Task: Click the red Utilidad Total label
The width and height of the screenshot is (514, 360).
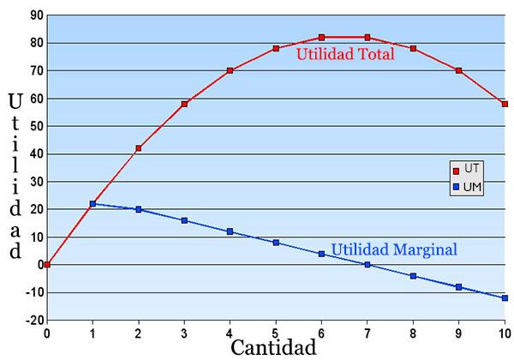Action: tap(345, 55)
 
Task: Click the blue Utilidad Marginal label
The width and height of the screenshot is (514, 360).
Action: tap(394, 249)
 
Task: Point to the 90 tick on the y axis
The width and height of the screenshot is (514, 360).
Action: tap(35, 15)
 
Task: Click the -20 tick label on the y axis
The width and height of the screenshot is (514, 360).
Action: tap(33, 321)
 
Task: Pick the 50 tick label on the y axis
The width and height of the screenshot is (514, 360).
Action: tap(35, 126)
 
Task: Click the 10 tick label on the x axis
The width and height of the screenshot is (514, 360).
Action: tap(505, 333)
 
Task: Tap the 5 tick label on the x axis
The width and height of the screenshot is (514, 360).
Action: tap(276, 333)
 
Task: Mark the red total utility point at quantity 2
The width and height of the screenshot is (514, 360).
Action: tap(139, 148)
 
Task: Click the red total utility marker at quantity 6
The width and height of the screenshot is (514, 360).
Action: tap(322, 38)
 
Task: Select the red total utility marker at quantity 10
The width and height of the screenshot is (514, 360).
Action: tap(505, 104)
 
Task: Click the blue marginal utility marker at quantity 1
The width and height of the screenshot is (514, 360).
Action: tap(93, 204)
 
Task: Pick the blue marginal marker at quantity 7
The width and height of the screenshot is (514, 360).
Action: tap(368, 265)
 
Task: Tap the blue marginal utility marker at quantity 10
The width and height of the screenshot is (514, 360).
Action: tap(505, 298)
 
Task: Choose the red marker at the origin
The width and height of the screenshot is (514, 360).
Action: tap(47, 265)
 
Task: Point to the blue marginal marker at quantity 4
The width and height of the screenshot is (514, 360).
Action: tap(230, 231)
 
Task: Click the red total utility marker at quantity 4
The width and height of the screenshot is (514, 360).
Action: tap(230, 70)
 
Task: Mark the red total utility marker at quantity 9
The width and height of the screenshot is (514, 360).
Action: tap(459, 70)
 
